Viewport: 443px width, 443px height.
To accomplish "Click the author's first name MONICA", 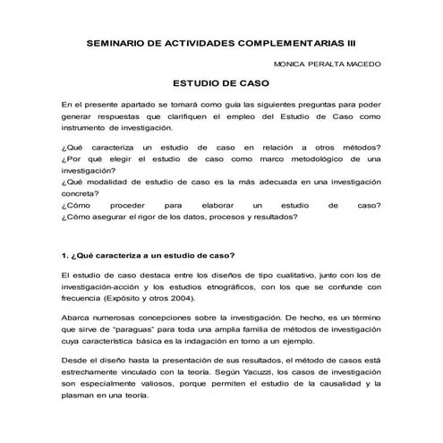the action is click(x=294, y=64).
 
